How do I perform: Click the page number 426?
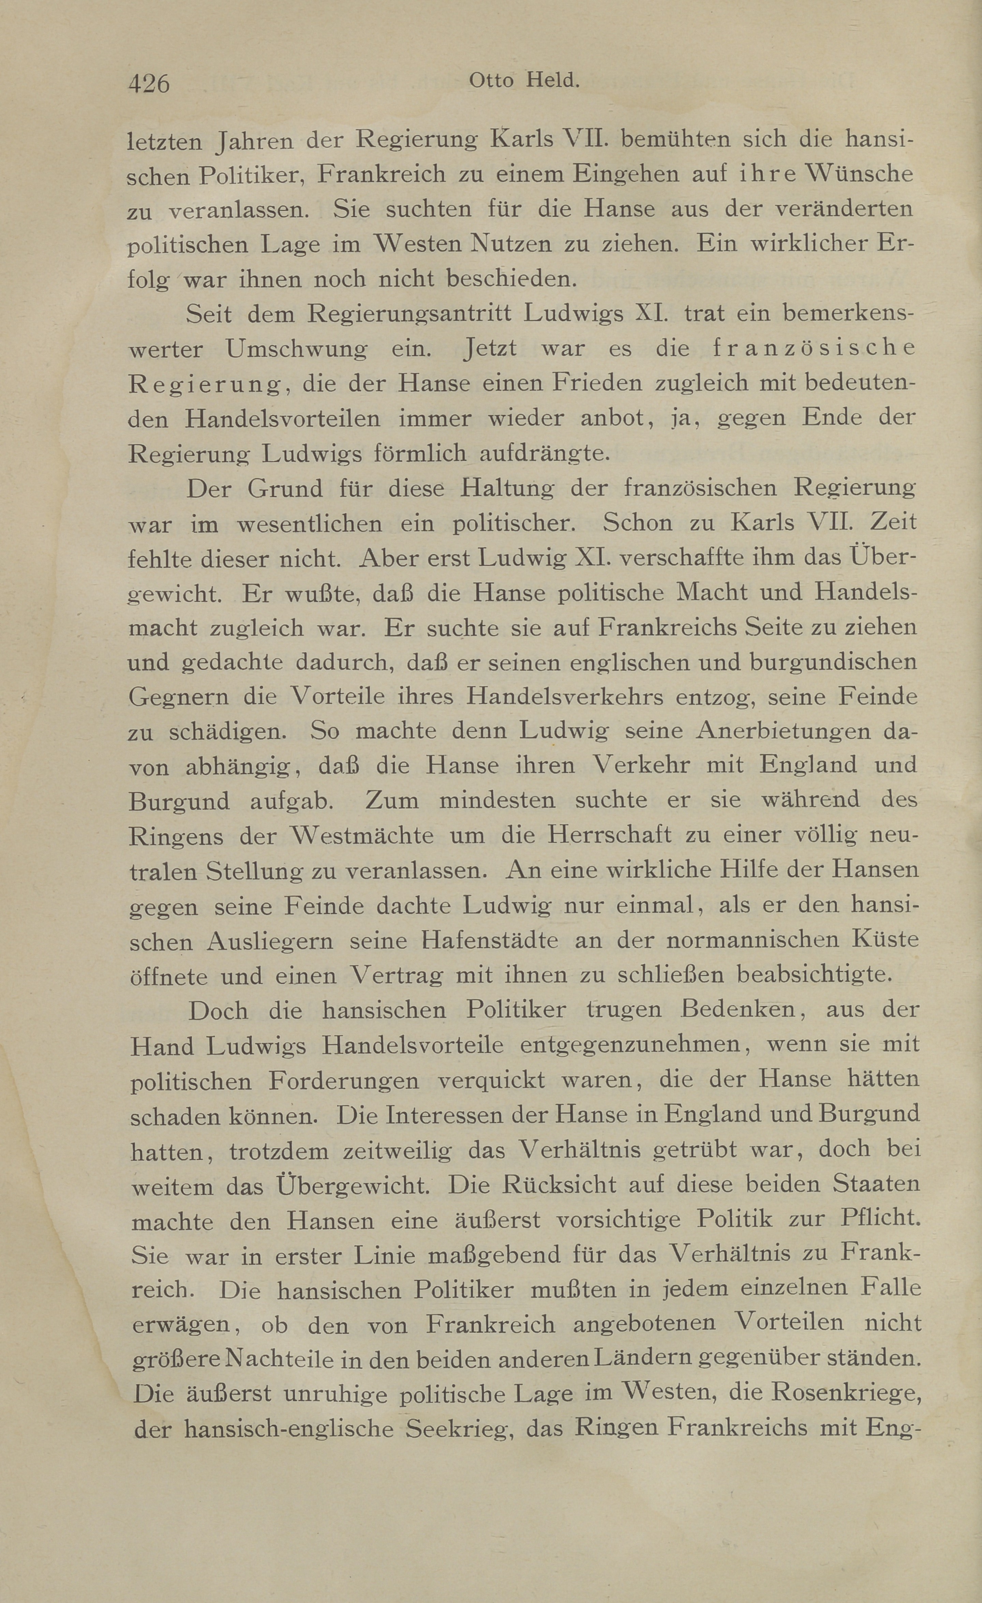click(149, 84)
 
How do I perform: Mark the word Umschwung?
click(296, 349)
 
